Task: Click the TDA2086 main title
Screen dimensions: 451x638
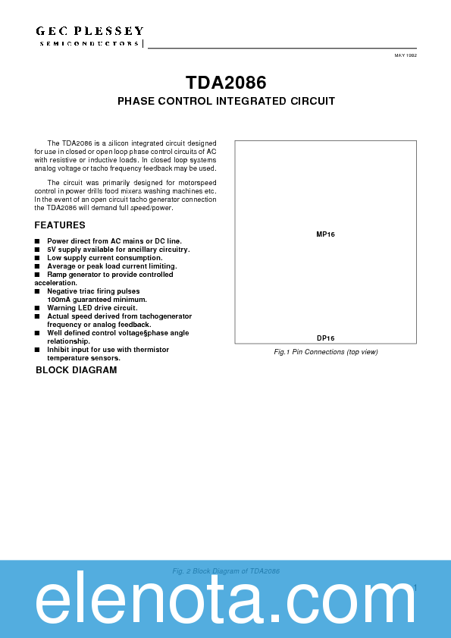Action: (x=226, y=82)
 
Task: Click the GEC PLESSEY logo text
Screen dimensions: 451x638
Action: (x=89, y=31)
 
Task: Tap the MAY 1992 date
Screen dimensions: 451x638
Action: (x=406, y=56)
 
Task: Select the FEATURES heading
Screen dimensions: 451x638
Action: (x=60, y=225)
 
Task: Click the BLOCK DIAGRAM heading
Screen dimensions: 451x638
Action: (x=77, y=370)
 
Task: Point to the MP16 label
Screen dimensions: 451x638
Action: (x=325, y=234)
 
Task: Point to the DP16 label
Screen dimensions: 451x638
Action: (x=325, y=338)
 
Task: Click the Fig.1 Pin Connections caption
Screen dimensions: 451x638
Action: (x=325, y=352)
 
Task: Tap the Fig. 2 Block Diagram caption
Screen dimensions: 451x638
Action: (x=226, y=570)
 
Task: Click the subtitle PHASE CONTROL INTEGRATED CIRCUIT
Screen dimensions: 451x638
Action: (x=226, y=101)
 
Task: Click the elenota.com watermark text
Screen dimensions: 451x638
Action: (x=226, y=603)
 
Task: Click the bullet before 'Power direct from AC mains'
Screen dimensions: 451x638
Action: (x=37, y=241)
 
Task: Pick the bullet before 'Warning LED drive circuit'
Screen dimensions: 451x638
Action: (x=37, y=308)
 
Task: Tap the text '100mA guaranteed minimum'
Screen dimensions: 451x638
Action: (x=97, y=300)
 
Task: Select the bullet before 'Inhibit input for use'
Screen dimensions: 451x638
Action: (x=37, y=350)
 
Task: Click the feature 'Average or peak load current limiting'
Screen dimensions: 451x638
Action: (x=111, y=266)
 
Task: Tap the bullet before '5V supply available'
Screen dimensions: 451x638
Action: (x=37, y=250)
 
